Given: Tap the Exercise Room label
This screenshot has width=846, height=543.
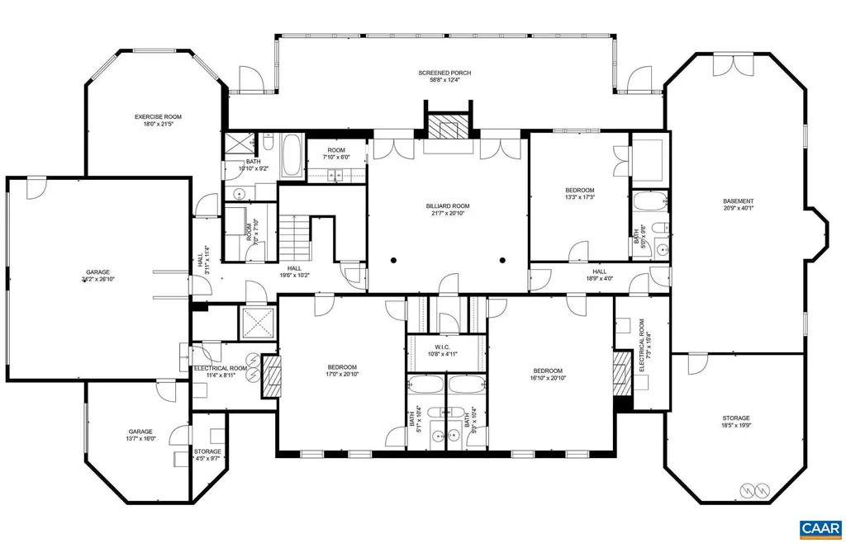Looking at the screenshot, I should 158,120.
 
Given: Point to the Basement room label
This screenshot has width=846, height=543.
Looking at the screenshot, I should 738,205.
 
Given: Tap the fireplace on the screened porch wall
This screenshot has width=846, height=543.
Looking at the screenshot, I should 447,128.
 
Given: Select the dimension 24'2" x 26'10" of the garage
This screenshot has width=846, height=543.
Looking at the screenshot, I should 97,280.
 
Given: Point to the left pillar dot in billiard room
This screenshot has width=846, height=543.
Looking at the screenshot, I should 394,261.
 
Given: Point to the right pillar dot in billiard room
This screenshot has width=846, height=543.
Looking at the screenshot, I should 502,261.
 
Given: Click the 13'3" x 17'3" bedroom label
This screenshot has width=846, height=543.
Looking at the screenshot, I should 579,195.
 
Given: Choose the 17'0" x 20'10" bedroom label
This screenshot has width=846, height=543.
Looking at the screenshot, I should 341,371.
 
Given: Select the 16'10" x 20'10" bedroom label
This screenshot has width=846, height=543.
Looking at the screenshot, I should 546,375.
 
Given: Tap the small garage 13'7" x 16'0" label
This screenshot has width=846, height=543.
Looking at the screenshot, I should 140,436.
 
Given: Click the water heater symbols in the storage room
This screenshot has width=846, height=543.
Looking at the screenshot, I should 754,489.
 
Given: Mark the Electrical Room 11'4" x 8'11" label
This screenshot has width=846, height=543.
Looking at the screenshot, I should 220,371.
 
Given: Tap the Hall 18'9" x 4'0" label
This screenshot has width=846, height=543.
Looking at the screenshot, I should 599,275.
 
